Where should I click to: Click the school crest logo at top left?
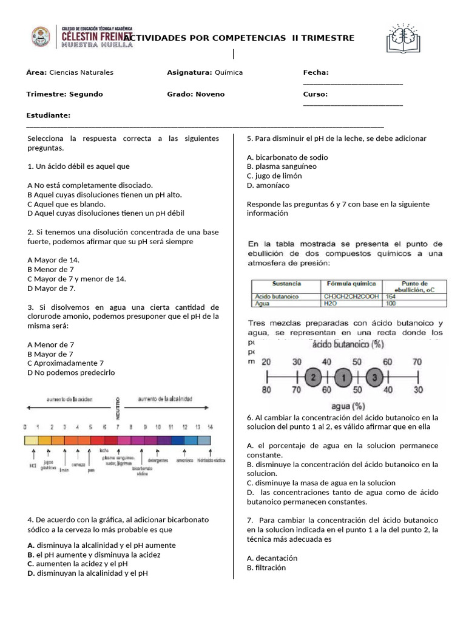(41, 38)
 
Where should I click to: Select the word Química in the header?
(228, 72)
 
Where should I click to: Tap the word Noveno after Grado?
(210, 94)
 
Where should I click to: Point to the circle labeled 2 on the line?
(313, 377)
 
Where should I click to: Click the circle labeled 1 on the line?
(343, 377)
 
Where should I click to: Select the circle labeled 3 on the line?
(375, 377)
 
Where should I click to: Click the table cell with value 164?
(390, 296)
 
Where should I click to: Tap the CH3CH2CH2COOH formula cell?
(351, 296)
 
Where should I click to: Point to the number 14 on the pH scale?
(210, 427)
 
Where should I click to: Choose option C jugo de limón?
(274, 176)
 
